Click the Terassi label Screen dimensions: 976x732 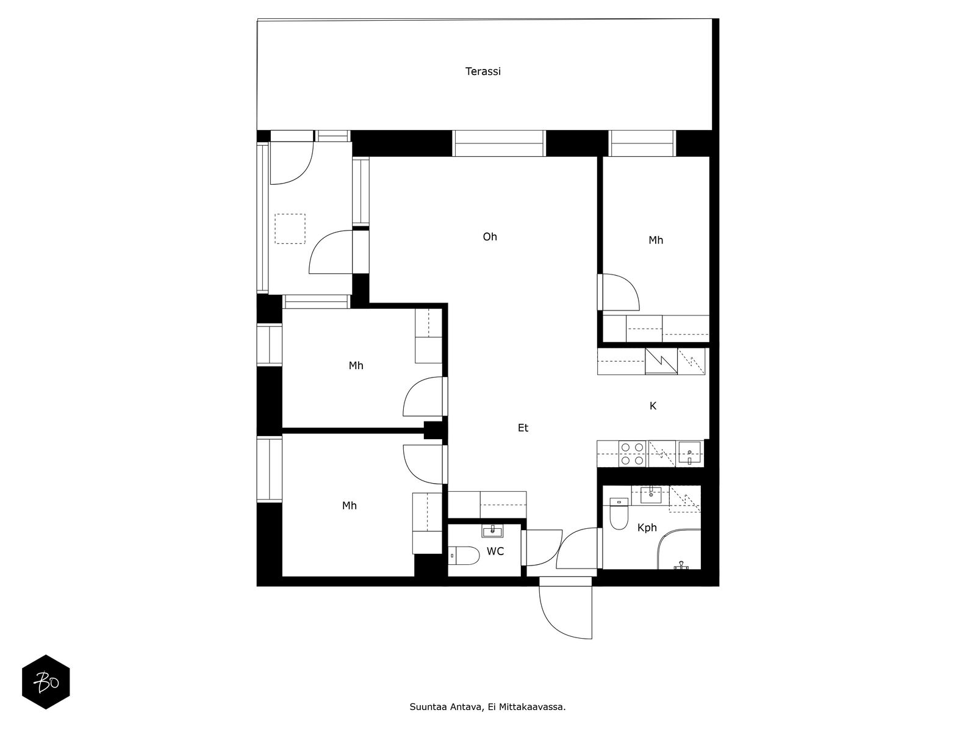pos(483,71)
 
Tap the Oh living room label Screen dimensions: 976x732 pos(490,237)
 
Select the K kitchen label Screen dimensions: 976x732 pos(653,405)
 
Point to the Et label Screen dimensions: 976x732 pos(523,428)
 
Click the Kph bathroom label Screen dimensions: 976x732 pos(647,528)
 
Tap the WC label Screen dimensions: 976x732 pos(495,551)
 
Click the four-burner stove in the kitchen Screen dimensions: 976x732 pos(633,453)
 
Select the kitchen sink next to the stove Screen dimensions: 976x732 pos(689,453)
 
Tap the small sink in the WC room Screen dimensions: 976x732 pos(492,531)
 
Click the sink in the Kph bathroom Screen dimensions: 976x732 pos(650,495)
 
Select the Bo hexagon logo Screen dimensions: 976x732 pos(46,682)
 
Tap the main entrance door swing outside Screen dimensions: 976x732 pos(556,625)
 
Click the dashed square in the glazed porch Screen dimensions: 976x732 pos(290,228)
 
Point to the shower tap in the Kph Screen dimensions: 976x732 pos(681,565)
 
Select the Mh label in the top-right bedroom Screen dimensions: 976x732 pos(656,240)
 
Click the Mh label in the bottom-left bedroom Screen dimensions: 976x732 pos(349,505)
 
